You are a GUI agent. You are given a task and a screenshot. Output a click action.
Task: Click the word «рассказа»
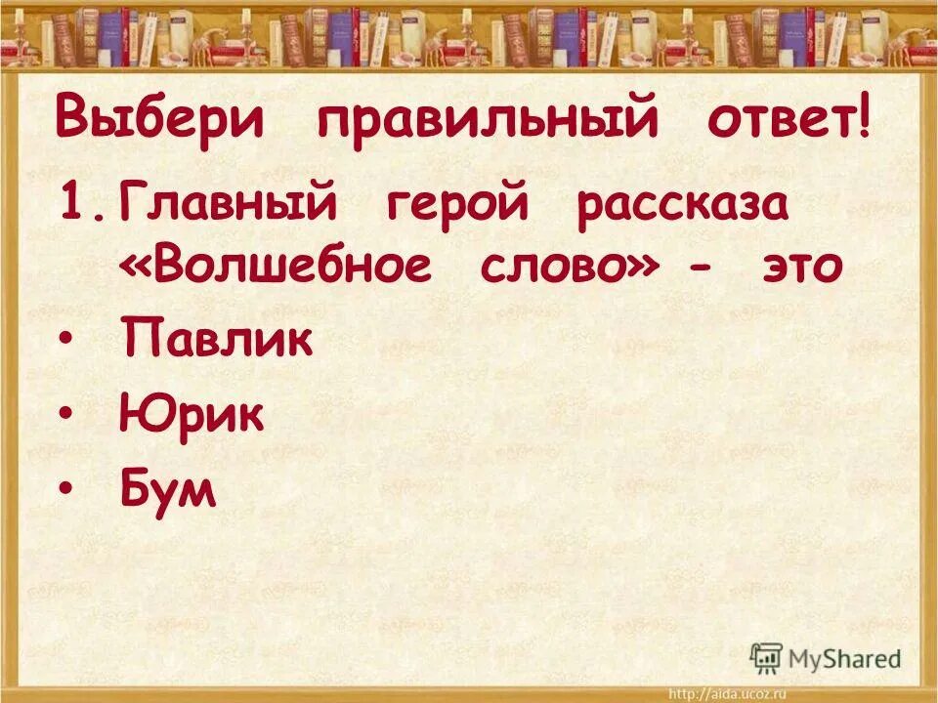683,209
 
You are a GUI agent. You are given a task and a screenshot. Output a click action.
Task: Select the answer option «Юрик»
191,416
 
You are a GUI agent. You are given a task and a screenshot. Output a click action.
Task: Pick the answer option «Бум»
167,488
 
